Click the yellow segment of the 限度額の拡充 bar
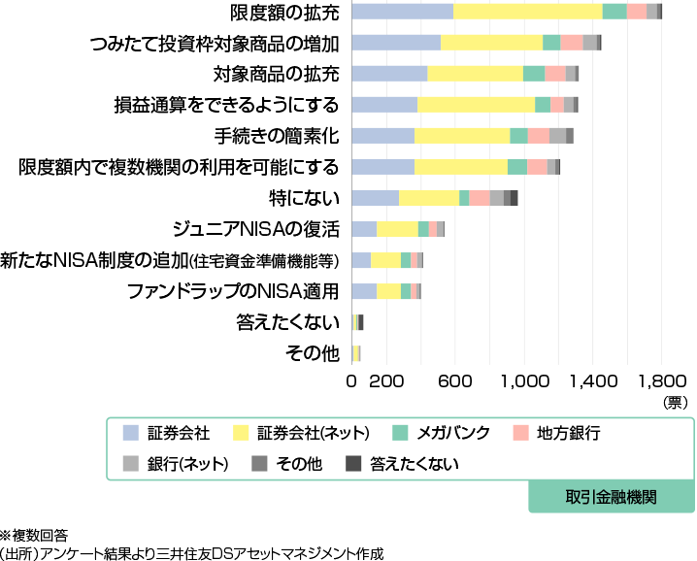tap(527, 12)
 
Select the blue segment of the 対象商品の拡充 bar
tap(389, 74)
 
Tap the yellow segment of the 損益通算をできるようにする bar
tap(476, 105)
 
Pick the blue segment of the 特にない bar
tap(375, 198)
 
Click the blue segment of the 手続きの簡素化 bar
tap(382, 136)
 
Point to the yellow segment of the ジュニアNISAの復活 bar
tap(397, 229)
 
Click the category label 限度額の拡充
tap(285, 13)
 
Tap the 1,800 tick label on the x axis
tap(667, 381)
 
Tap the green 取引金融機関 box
tap(612, 497)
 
